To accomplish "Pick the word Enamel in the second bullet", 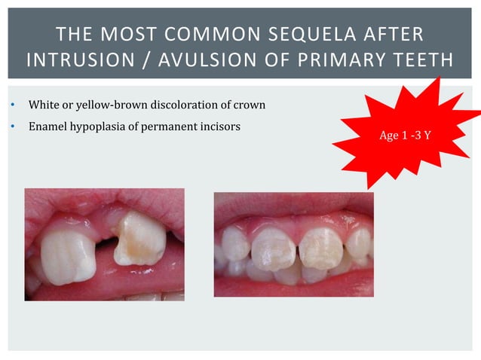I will [x=45, y=127].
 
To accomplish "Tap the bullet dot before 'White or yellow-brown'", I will [x=13, y=105].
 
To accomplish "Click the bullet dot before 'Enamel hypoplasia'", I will [x=13, y=127].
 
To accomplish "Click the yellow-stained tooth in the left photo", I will [x=140, y=239].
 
